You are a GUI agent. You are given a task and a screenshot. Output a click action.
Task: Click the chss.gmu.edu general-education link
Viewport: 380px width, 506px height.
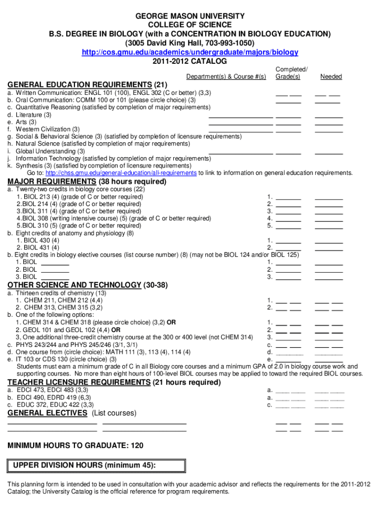(121, 173)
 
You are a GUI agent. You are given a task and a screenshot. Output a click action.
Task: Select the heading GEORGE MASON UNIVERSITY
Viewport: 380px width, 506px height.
(190, 16)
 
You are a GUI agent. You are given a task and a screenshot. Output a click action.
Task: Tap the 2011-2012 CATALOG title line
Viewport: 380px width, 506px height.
(190, 61)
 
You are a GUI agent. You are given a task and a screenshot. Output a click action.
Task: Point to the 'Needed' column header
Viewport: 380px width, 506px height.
(331, 77)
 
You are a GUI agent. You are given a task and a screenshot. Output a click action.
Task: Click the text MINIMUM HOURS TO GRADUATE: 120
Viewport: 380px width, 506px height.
(76, 446)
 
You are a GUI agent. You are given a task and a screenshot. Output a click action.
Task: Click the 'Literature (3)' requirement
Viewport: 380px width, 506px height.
(33, 115)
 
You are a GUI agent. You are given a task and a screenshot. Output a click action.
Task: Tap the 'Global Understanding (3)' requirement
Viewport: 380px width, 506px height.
(50, 151)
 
